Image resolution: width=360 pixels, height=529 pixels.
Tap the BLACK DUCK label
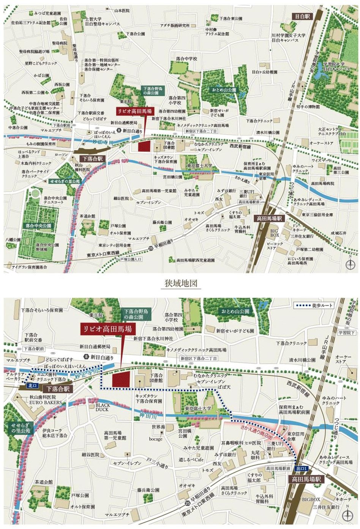click(102, 407)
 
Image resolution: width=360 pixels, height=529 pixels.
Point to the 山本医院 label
click(122, 11)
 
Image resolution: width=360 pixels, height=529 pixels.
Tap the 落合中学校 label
click(186, 59)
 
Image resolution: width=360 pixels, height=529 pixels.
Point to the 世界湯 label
click(158, 427)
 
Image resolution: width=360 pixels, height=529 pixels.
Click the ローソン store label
click(61, 155)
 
